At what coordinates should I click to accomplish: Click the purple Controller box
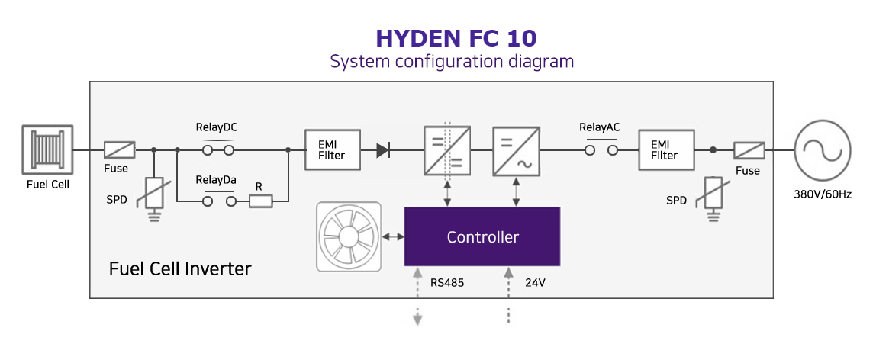[x=482, y=236]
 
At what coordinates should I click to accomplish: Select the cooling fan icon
[x=349, y=236]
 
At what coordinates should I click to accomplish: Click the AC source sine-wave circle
[x=822, y=150]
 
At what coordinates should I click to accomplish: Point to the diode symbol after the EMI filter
[x=383, y=150]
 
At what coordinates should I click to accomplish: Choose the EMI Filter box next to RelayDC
[x=331, y=150]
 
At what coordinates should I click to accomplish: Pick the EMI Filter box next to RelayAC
[x=666, y=150]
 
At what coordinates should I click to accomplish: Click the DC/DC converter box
[x=447, y=150]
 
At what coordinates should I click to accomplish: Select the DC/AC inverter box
[x=517, y=150]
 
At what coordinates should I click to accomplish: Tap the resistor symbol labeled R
[x=261, y=201]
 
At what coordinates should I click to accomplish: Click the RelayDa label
[x=216, y=180]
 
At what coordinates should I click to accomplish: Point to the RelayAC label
[x=600, y=127]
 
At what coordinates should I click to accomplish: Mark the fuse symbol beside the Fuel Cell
[x=119, y=150]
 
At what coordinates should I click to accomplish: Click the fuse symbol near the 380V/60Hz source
[x=749, y=150]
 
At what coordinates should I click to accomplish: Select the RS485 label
[x=447, y=282]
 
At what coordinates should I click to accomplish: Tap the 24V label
[x=535, y=282]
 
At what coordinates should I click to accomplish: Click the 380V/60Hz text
[x=823, y=194]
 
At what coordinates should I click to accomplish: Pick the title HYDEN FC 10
[x=456, y=38]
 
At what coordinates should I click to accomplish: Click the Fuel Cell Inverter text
[x=180, y=268]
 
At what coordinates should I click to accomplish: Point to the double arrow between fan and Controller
[x=394, y=237]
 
